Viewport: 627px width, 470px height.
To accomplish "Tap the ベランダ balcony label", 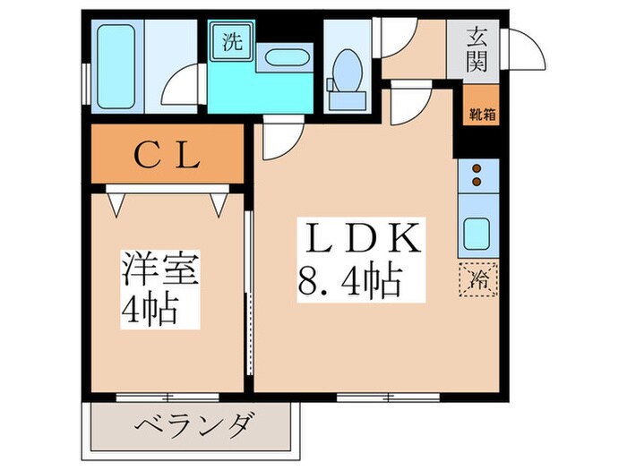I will [196, 423].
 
